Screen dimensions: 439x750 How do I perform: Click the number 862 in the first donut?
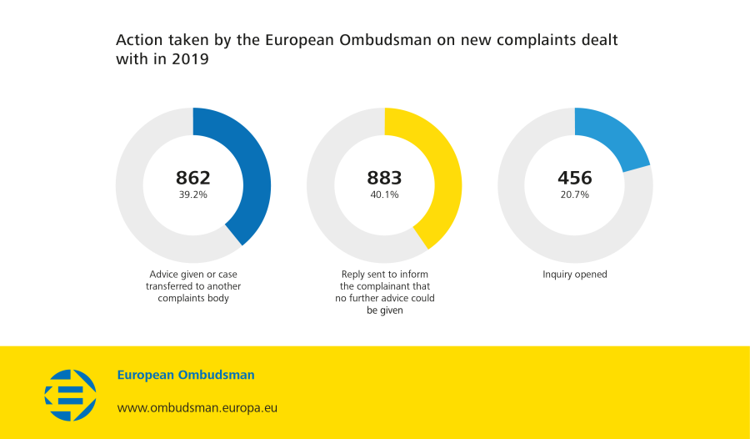tap(192, 178)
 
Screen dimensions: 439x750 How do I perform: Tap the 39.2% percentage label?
tap(192, 194)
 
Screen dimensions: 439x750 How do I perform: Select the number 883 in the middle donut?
tap(384, 178)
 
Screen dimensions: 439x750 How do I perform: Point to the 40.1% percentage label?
tap(384, 194)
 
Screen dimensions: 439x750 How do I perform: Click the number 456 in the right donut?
tap(575, 178)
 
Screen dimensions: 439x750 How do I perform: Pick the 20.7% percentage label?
tap(575, 194)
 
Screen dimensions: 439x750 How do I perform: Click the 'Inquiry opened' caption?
tap(575, 275)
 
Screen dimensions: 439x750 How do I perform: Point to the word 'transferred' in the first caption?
tap(169, 286)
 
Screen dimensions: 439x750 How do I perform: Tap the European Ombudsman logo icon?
tap(70, 395)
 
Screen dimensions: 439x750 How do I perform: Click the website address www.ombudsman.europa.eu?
tap(197, 408)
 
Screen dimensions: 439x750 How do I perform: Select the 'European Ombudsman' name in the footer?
tap(186, 375)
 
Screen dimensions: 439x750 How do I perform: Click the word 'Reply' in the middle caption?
tap(354, 275)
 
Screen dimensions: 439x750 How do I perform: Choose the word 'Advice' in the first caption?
tap(164, 275)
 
